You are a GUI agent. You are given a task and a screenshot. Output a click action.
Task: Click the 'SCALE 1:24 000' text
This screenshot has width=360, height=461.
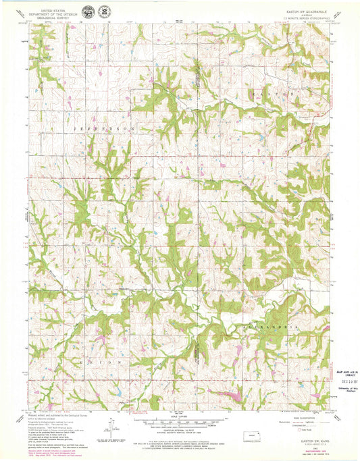(178, 418)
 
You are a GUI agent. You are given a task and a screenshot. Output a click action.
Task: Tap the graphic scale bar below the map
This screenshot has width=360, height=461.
(178, 423)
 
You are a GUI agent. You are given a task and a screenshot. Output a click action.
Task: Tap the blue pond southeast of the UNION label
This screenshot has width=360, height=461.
(116, 391)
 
